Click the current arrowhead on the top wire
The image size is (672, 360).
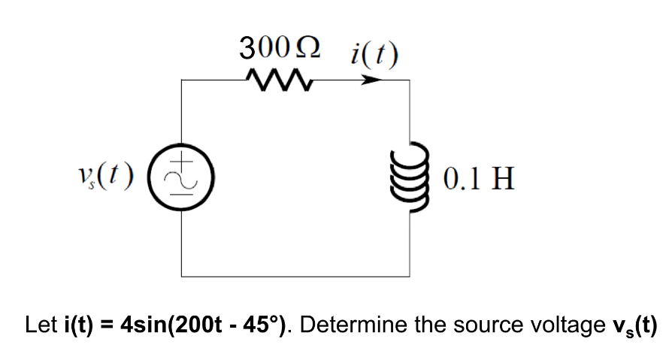369,79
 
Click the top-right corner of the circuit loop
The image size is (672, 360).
409,79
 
